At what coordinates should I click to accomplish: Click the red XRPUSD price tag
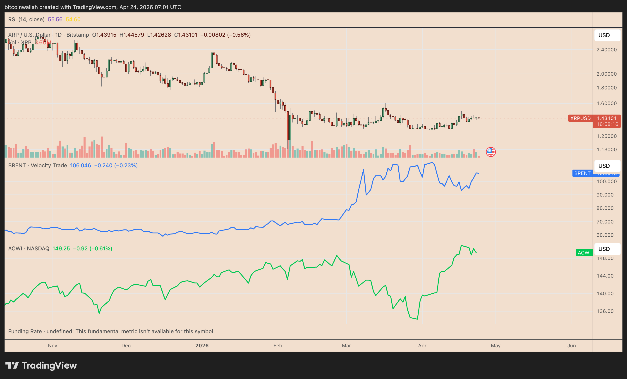pos(580,118)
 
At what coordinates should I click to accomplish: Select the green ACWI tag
pos(584,253)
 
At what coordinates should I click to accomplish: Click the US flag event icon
pos(491,152)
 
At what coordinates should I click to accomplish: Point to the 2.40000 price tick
pos(606,50)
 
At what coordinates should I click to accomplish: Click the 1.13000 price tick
pos(606,149)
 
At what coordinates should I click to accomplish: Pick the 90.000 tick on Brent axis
pos(606,195)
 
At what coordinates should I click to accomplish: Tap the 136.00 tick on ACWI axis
pos(605,311)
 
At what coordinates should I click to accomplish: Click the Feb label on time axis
pos(278,345)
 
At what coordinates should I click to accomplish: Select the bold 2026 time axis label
pos(202,345)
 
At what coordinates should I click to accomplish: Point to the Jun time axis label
pos(571,345)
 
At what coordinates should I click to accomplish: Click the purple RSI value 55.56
pos(55,19)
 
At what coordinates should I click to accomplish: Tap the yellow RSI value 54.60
pos(73,19)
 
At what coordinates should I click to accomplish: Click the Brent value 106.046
pos(80,166)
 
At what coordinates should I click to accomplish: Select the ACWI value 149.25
pos(61,248)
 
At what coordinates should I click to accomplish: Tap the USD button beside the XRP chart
pos(607,35)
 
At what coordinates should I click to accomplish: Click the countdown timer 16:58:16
pos(607,124)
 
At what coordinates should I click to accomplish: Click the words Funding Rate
pos(25,331)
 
